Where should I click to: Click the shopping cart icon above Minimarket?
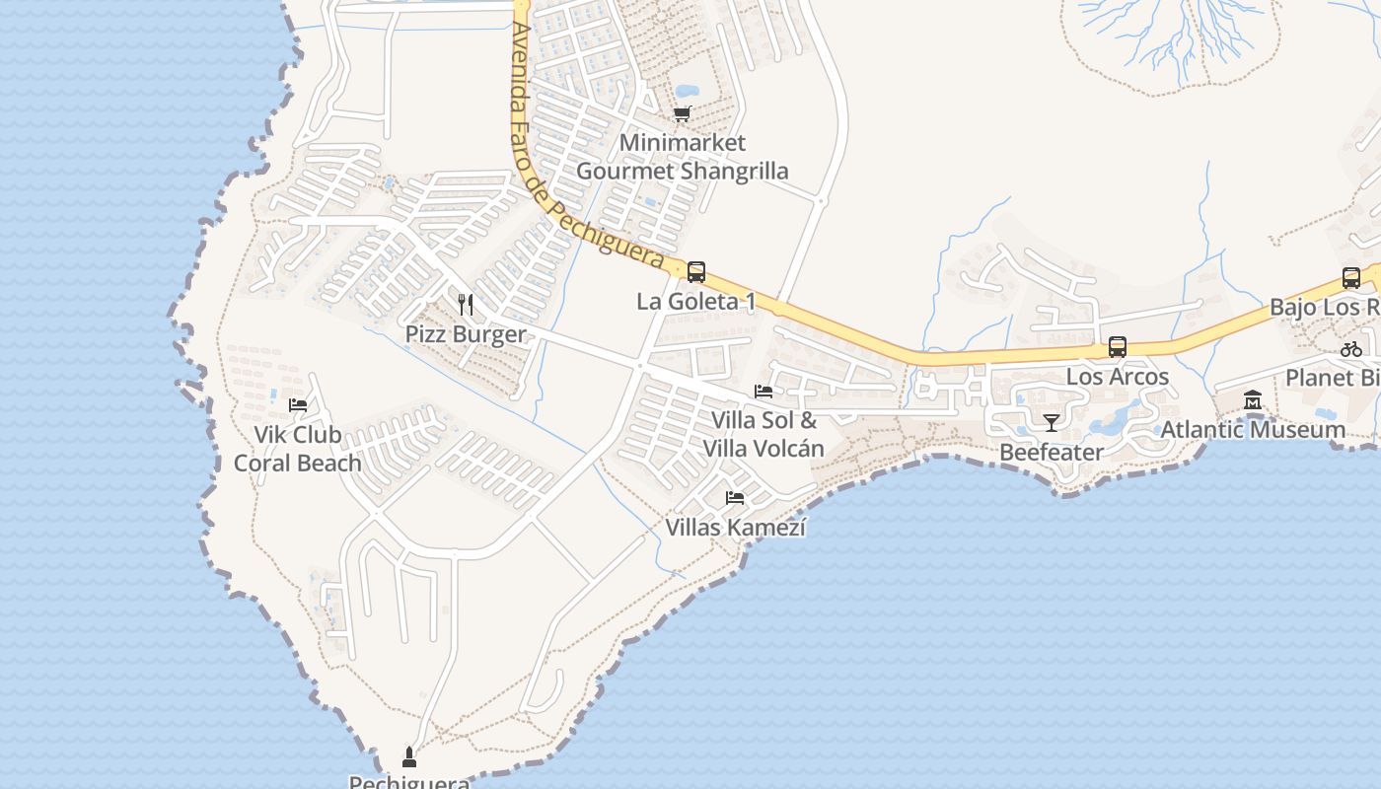click(683, 114)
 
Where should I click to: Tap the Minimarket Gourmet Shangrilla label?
click(683, 157)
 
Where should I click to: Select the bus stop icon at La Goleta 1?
click(696, 272)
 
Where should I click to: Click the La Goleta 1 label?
click(696, 302)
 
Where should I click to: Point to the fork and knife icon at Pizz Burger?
click(466, 305)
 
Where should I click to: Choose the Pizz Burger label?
click(466, 334)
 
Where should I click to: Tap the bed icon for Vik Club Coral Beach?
click(297, 404)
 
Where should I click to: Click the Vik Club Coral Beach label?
click(297, 449)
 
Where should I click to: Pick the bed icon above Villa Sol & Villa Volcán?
click(763, 392)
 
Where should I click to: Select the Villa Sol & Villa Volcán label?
click(763, 434)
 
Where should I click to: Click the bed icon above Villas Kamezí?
click(735, 498)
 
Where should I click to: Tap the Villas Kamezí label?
click(735, 528)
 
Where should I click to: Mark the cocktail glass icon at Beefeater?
click(1052, 423)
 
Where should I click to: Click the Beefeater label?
click(1052, 453)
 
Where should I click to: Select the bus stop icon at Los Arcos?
click(1118, 347)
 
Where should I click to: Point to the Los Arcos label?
click(1118, 377)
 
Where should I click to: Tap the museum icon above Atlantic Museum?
click(1253, 400)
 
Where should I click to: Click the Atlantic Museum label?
click(1253, 430)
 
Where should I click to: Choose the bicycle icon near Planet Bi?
click(1351, 349)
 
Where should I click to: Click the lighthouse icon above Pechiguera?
click(409, 757)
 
